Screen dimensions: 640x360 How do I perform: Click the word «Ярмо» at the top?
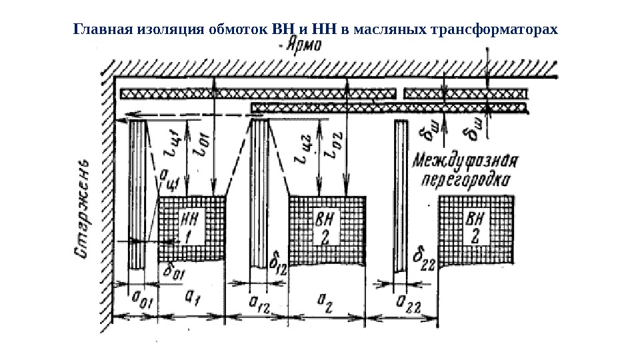[x=301, y=46]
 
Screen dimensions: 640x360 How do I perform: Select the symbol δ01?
[x=173, y=269]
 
